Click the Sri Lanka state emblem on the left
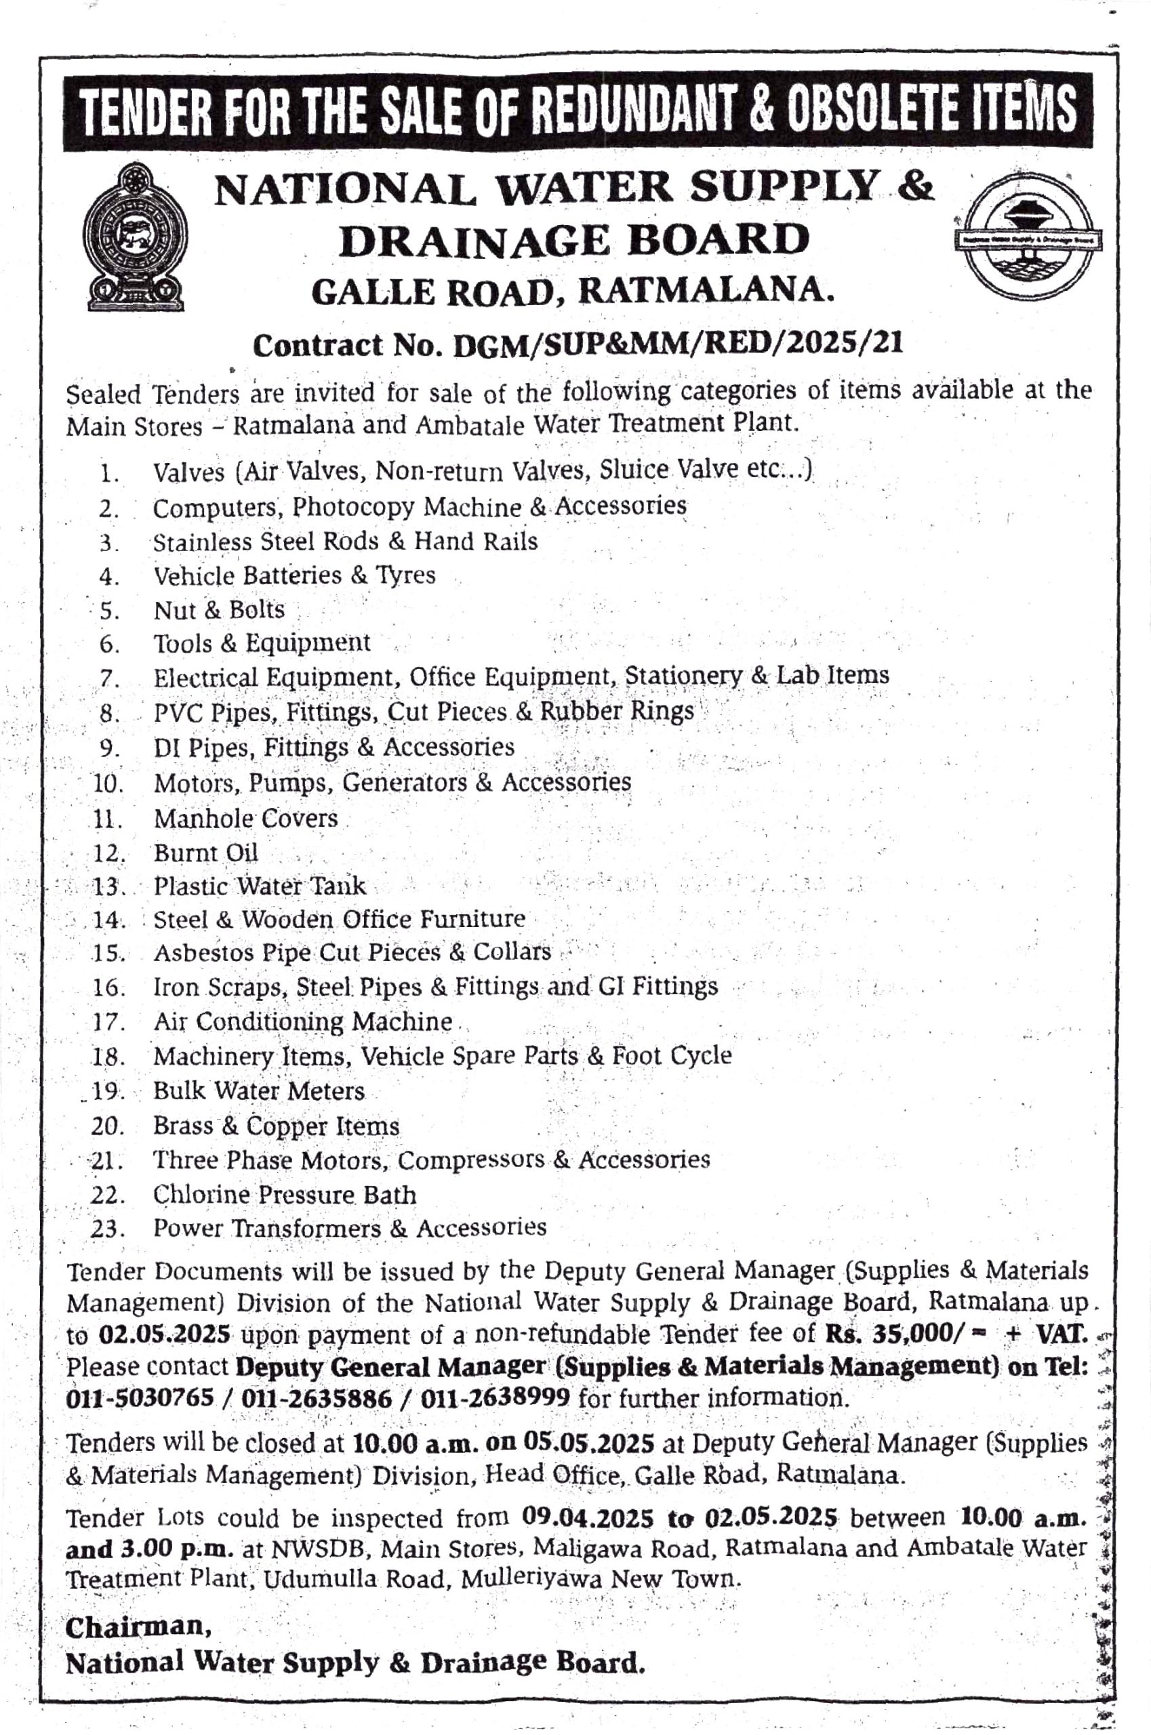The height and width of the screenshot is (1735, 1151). pyautogui.click(x=134, y=239)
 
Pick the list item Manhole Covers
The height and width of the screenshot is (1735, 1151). pyautogui.click(x=245, y=818)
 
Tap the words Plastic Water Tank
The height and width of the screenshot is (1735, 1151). pyautogui.click(x=259, y=886)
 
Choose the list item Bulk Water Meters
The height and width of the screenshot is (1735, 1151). pyautogui.click(x=258, y=1091)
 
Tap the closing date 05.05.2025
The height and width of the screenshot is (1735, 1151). pyautogui.click(x=588, y=1443)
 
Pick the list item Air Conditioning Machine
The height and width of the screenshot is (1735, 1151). pyautogui.click(x=302, y=1021)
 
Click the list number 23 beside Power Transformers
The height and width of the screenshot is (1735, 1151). pyautogui.click(x=106, y=1229)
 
